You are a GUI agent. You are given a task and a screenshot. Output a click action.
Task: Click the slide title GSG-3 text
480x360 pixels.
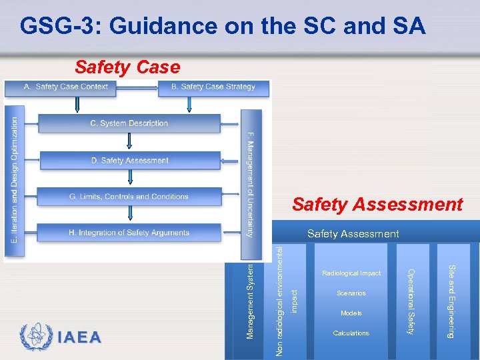pyautogui.click(x=223, y=26)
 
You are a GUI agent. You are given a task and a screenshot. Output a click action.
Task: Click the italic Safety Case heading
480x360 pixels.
pyautogui.click(x=127, y=67)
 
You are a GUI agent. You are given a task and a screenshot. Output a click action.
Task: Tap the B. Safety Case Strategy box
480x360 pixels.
pyautogui.click(x=213, y=87)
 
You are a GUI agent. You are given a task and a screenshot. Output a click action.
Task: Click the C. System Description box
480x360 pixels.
pyautogui.click(x=129, y=123)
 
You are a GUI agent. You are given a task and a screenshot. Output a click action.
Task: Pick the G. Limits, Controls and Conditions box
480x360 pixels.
pyautogui.click(x=129, y=197)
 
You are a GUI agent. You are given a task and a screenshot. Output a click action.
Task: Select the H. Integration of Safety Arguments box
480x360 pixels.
pyautogui.click(x=129, y=233)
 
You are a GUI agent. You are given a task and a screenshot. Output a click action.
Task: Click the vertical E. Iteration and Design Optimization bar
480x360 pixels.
pyautogui.click(x=15, y=180)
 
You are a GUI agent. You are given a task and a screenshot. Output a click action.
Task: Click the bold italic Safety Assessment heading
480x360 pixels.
pyautogui.click(x=377, y=204)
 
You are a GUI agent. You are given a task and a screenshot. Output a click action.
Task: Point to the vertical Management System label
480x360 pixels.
pyautogui.click(x=250, y=299)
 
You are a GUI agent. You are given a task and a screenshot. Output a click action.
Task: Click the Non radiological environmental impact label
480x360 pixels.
pyautogui.click(x=287, y=300)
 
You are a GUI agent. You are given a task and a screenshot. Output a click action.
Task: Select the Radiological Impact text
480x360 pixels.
pyautogui.click(x=351, y=273)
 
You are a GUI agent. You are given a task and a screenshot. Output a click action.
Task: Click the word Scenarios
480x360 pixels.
pyautogui.click(x=351, y=293)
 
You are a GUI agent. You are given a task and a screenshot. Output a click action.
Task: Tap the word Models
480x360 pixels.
pyautogui.click(x=351, y=313)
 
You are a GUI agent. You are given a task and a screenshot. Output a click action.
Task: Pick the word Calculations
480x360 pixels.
pyautogui.click(x=351, y=333)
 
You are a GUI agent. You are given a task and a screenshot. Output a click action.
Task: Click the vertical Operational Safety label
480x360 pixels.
pyautogui.click(x=411, y=301)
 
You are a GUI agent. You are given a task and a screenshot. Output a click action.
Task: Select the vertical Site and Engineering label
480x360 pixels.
pyautogui.click(x=451, y=301)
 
